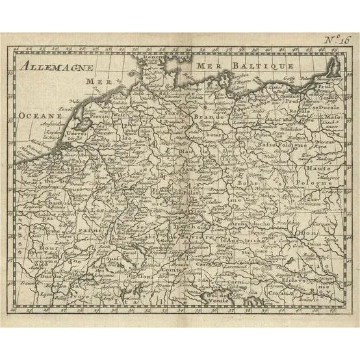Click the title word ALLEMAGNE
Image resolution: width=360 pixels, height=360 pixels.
(57, 66)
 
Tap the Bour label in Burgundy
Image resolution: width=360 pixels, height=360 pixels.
(29, 248)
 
